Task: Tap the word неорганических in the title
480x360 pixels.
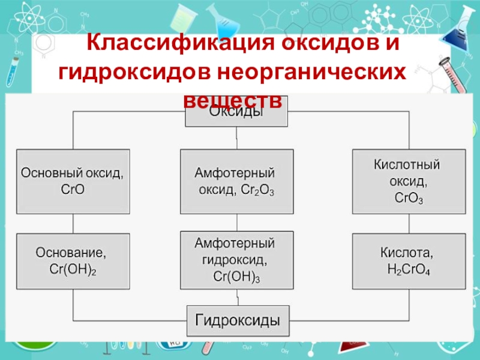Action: click(x=311, y=72)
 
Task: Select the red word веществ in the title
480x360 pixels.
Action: click(x=233, y=99)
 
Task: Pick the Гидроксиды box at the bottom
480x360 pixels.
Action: click(x=236, y=320)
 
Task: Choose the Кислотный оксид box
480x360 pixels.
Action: click(x=409, y=181)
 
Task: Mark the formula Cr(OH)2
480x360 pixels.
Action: click(x=73, y=271)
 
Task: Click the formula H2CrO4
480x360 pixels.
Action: click(x=409, y=269)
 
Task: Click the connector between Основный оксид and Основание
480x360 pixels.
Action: click(x=73, y=224)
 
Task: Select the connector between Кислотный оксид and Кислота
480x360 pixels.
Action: click(x=409, y=224)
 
